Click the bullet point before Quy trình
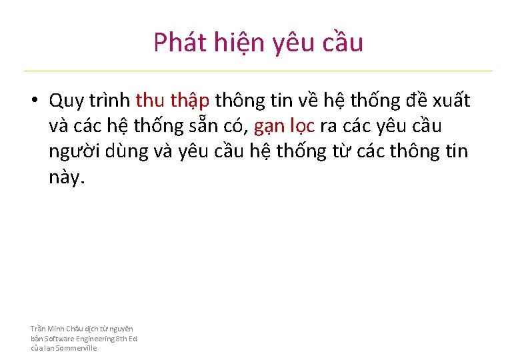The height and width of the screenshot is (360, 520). [x=33, y=101]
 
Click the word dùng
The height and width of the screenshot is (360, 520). [x=130, y=152]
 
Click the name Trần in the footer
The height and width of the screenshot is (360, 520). [x=39, y=329]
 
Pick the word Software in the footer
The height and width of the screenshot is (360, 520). [x=59, y=339]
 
